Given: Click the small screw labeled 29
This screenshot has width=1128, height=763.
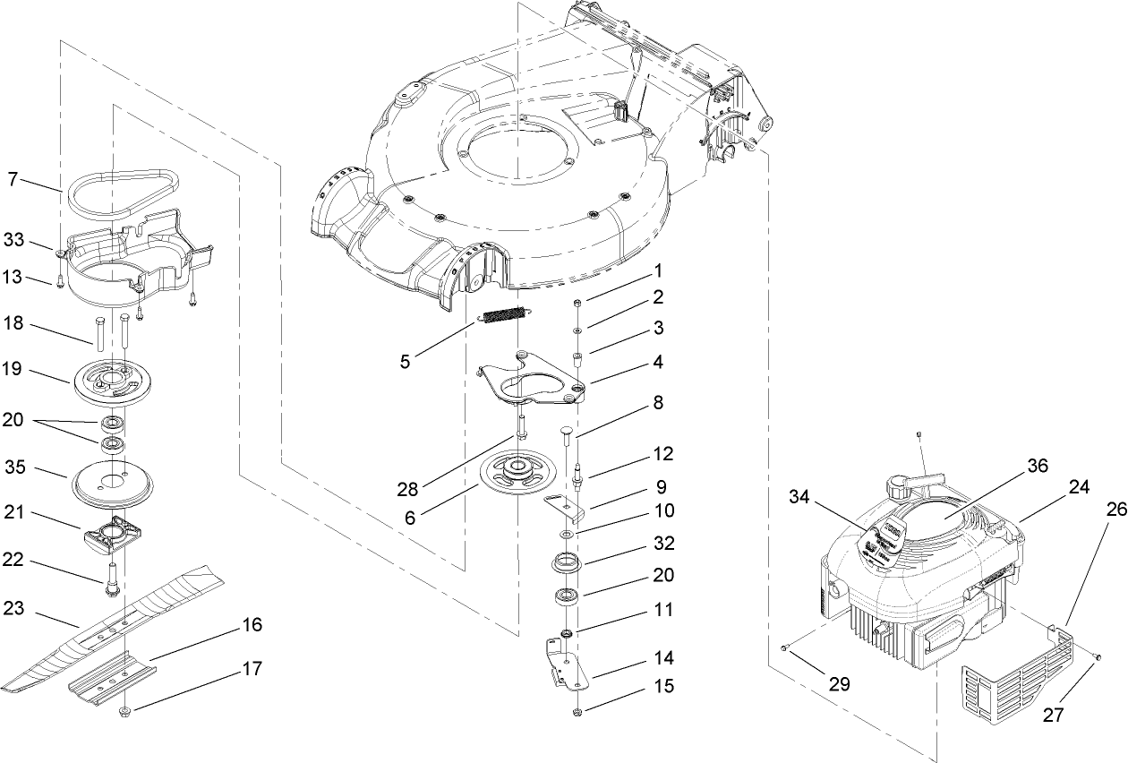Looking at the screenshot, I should coord(784,647).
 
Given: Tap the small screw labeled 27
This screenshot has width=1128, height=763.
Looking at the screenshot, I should coord(1098,658).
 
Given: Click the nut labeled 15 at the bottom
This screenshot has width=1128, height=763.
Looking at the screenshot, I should coord(577,712).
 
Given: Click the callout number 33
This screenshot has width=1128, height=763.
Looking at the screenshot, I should coord(13,240).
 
